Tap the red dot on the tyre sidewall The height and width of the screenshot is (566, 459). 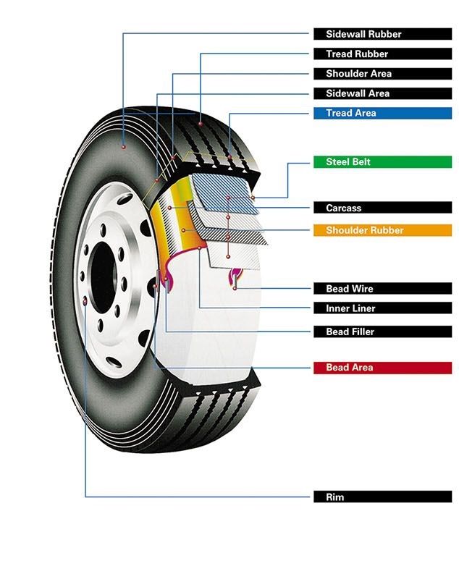(x=124, y=147)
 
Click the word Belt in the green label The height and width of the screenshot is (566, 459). (x=361, y=162)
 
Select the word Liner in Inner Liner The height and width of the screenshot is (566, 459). (x=363, y=308)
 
